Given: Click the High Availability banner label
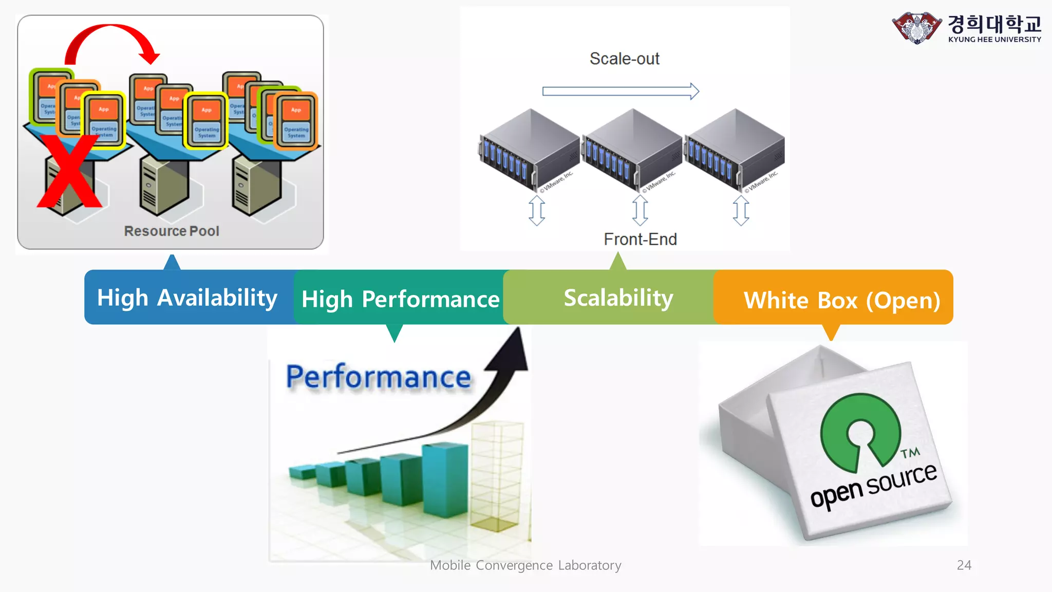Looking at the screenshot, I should (x=187, y=298).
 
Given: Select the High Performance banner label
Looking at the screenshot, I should (x=400, y=299).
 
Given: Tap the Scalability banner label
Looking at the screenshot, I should (x=618, y=298).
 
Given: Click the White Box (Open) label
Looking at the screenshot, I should (x=841, y=300).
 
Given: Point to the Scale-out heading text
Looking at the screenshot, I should (x=624, y=59).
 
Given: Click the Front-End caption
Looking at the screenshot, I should (x=640, y=239).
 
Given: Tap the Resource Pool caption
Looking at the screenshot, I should (x=172, y=231).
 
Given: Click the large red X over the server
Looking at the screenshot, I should (x=69, y=172).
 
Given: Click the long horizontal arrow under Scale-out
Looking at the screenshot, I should (x=620, y=91).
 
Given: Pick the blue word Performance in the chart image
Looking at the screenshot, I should (x=378, y=377).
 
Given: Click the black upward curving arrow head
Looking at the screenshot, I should (x=512, y=352).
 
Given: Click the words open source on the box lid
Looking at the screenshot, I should (x=873, y=486).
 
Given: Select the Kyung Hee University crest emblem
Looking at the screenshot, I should (x=916, y=28).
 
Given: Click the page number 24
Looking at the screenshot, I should (x=964, y=565).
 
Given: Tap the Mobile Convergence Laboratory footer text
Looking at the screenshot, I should (x=525, y=565).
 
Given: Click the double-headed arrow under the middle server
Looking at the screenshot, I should (x=640, y=210).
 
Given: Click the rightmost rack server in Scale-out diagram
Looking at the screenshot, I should (x=735, y=149).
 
